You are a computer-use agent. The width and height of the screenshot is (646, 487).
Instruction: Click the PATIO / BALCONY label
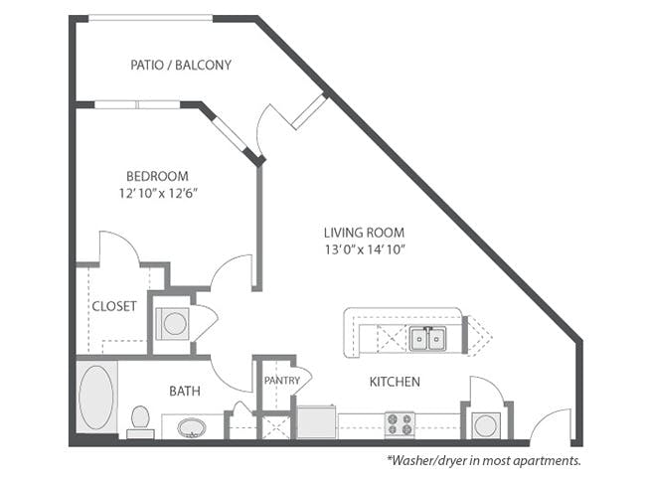click(181, 66)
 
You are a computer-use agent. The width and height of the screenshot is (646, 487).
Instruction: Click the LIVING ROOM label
click(364, 233)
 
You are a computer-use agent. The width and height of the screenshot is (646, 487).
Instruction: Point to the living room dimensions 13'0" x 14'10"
click(364, 248)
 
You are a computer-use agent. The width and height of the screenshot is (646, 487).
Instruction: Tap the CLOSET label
click(113, 306)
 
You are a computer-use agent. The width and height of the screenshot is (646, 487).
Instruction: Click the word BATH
click(184, 392)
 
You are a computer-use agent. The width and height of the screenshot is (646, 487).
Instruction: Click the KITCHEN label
click(395, 382)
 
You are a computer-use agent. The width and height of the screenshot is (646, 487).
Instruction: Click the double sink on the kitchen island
click(429, 339)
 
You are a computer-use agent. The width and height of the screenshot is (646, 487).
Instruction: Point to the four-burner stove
click(399, 424)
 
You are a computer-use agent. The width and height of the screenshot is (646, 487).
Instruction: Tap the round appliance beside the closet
click(172, 323)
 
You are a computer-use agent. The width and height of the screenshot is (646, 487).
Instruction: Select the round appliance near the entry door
click(486, 425)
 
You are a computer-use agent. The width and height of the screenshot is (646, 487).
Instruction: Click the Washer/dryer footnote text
click(483, 461)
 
